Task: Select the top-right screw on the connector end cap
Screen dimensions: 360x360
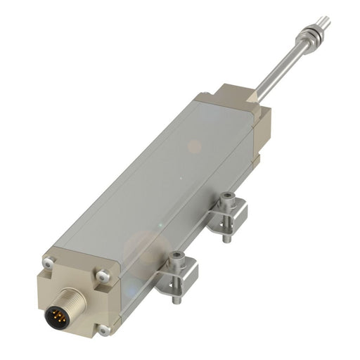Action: click(x=103, y=276)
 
